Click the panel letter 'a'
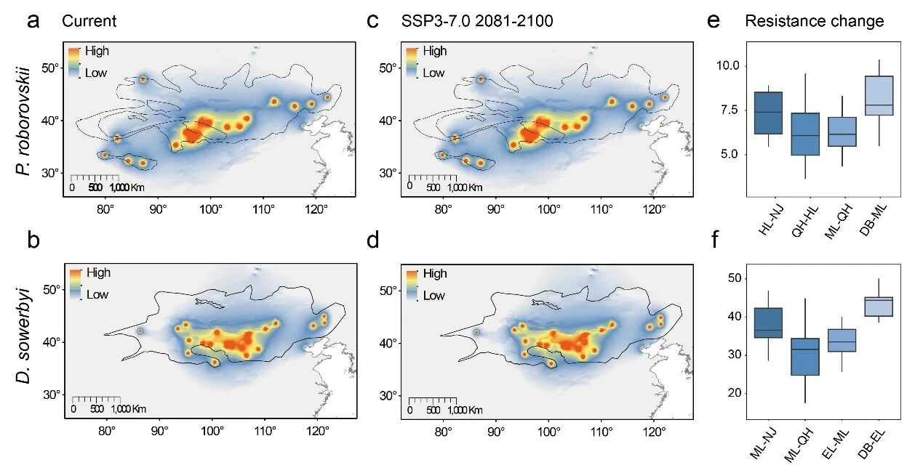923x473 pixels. click(33, 20)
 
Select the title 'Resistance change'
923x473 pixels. click(814, 21)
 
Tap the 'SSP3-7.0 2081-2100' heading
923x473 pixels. click(477, 21)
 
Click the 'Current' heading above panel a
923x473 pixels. click(89, 21)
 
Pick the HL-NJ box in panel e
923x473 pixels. click(768, 113)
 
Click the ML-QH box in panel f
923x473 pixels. click(804, 356)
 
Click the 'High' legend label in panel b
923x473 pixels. click(98, 272)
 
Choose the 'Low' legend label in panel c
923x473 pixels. click(433, 73)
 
